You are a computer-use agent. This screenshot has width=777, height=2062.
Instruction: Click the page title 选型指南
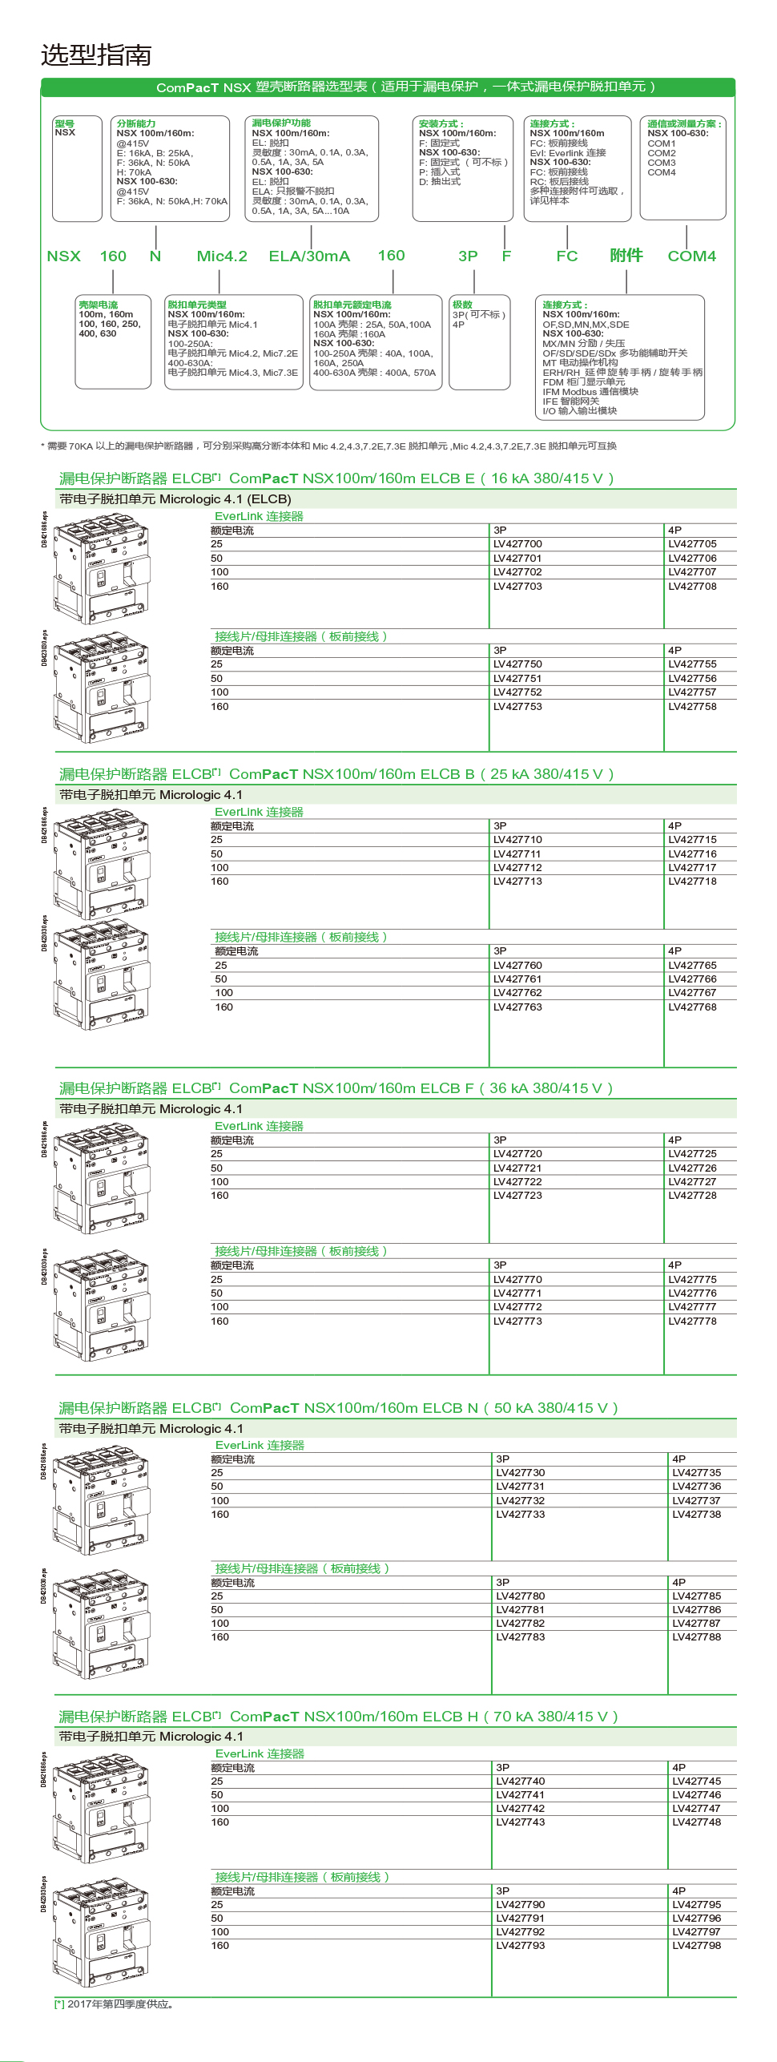pos(96,55)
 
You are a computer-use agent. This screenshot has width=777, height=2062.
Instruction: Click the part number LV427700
pos(517,544)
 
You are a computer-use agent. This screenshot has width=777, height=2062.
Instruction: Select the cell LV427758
pos(692,707)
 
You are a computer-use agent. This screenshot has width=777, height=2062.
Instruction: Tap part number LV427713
pos(517,882)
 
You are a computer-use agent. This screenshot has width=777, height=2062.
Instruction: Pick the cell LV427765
pos(692,966)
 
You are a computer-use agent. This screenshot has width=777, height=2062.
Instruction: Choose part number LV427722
pos(517,1182)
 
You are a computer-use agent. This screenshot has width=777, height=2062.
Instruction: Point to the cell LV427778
pos(692,1322)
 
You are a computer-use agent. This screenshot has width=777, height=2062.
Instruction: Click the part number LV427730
pos(520,1473)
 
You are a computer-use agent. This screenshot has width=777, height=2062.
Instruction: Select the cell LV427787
pos(696,1624)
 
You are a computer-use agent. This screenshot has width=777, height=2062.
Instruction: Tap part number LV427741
pos(520,1795)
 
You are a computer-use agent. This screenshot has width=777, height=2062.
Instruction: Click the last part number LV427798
pos(696,1946)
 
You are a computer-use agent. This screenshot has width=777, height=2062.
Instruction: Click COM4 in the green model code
pos(691,256)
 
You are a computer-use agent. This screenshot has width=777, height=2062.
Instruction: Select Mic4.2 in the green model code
pos(222,256)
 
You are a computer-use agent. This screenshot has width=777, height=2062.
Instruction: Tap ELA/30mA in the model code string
pos(309,256)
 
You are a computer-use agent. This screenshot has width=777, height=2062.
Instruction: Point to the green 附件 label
pos(626,256)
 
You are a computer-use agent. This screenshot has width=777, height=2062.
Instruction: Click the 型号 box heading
pos(65,123)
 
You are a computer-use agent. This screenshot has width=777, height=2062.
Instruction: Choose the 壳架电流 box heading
pos(98,305)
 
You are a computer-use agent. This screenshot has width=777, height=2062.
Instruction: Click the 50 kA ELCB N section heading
pos(338,1408)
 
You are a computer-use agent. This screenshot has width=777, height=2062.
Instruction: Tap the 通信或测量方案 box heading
pos(683,123)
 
